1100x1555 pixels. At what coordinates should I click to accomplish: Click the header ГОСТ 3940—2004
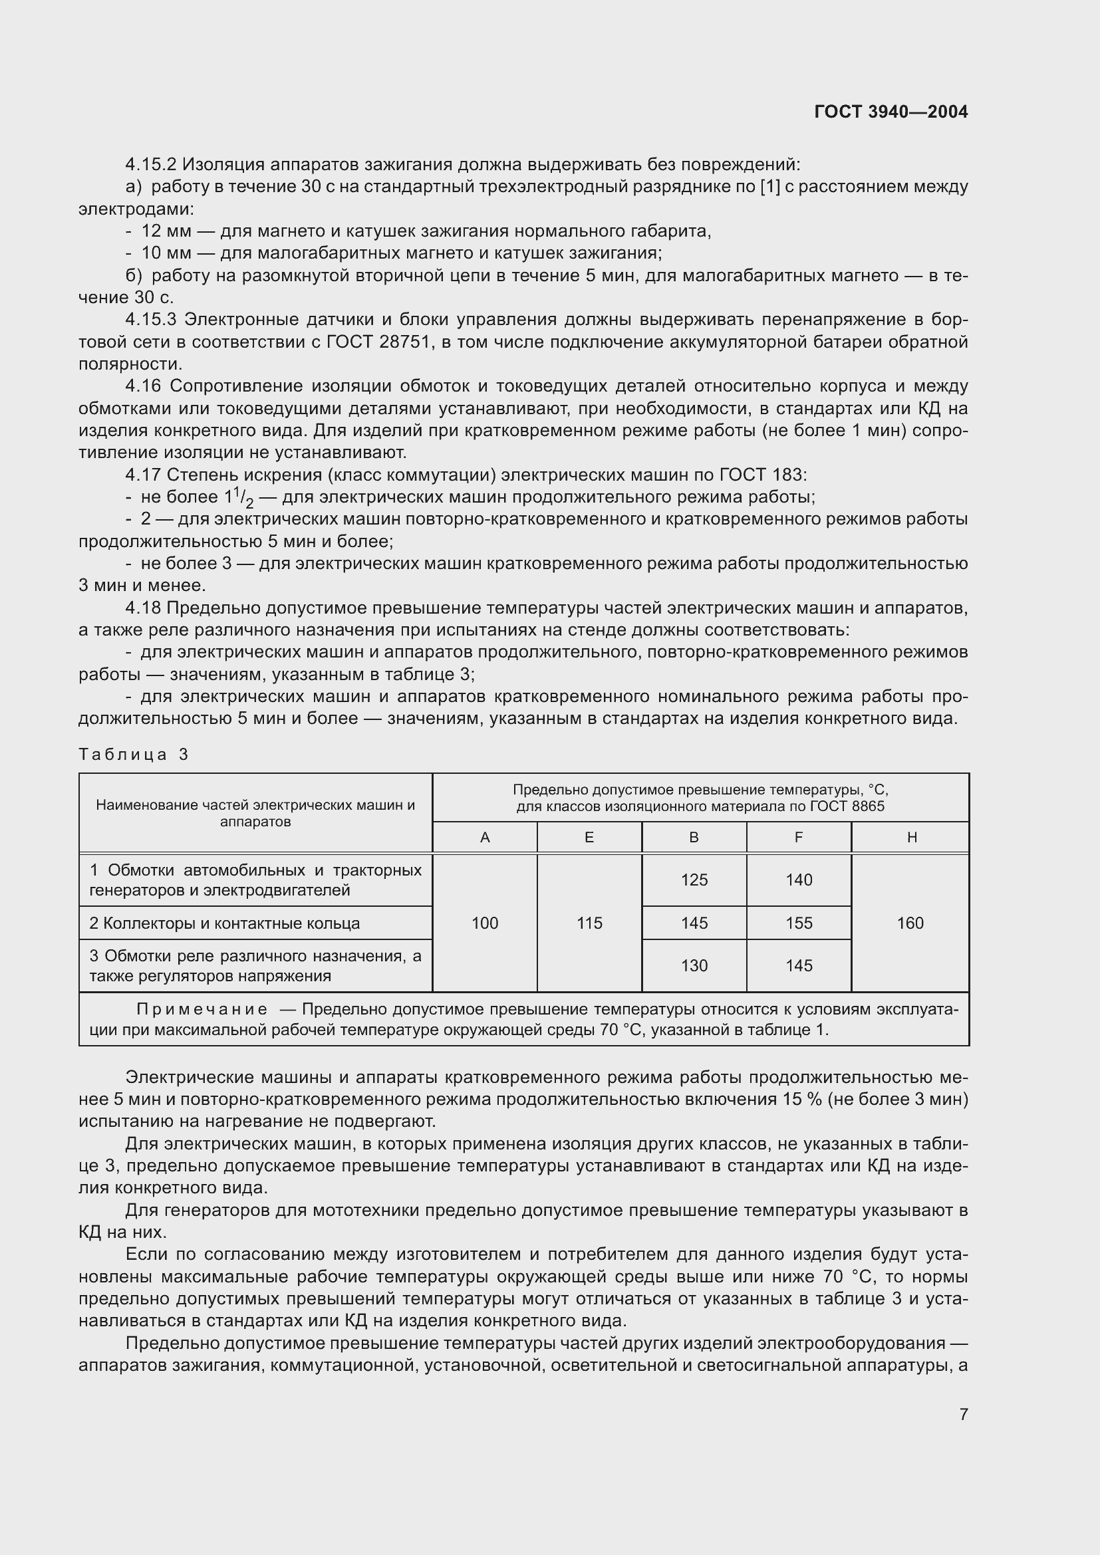point(891,112)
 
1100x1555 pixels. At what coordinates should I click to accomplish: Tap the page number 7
point(963,1414)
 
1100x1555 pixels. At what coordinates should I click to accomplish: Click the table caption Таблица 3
point(134,755)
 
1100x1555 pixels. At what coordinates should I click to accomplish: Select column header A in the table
point(485,838)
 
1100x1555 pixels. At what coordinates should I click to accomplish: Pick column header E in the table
point(589,838)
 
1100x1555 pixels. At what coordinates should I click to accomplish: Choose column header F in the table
point(799,838)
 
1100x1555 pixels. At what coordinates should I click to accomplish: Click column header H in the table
point(912,838)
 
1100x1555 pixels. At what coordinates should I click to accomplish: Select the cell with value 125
point(694,880)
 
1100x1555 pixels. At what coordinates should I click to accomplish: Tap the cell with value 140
point(799,880)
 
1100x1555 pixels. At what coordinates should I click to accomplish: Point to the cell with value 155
point(799,923)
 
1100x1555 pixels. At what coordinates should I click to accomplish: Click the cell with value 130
point(694,966)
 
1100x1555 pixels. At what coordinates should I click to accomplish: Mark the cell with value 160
point(910,923)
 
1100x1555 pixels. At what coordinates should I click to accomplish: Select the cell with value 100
point(485,923)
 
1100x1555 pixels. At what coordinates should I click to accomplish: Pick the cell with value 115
point(589,923)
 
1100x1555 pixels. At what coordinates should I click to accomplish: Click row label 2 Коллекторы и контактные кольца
point(224,924)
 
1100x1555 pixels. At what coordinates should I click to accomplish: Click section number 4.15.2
point(150,165)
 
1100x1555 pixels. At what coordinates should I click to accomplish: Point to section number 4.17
point(143,475)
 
